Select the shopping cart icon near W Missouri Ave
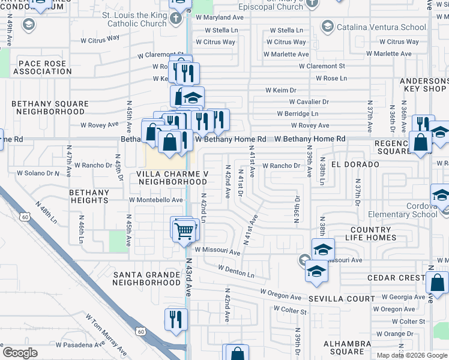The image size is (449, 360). (x=185, y=229)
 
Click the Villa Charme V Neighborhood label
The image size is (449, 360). (x=172, y=178)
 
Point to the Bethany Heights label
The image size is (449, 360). (x=89, y=196)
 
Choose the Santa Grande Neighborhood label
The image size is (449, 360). (x=146, y=278)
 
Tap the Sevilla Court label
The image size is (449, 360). (x=342, y=298)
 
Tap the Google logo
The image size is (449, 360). (x=20, y=352)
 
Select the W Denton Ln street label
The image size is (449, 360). (x=237, y=271)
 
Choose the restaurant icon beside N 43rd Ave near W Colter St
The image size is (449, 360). (x=176, y=318)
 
